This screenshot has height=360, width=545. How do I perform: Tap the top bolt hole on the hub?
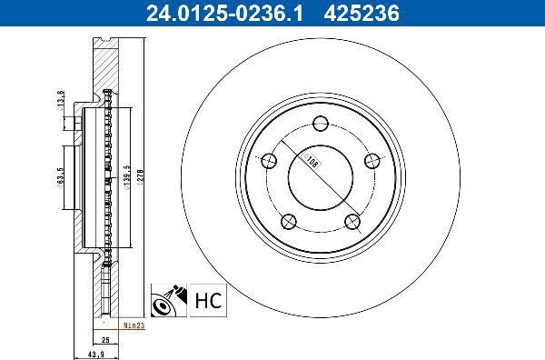pyautogui.click(x=320, y=125)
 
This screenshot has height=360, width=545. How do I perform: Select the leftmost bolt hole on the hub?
pyautogui.click(x=269, y=162)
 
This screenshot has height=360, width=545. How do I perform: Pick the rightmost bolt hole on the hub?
pyautogui.click(x=371, y=161)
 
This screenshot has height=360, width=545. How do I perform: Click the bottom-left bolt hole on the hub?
pyautogui.click(x=288, y=221)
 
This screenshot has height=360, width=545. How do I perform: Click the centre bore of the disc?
pyautogui.click(x=320, y=178)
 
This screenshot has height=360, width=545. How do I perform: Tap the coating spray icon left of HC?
pyautogui.click(x=169, y=298)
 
